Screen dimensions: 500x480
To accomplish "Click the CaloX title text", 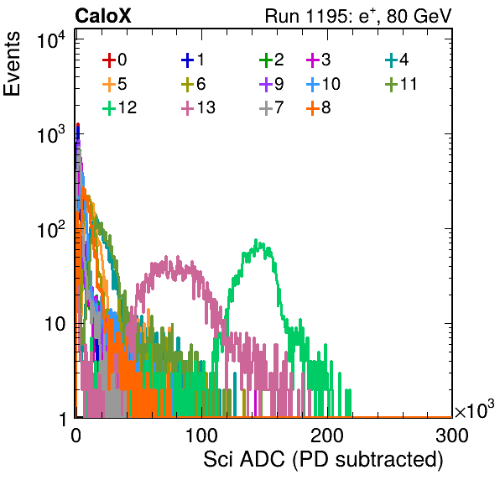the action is click(102, 16).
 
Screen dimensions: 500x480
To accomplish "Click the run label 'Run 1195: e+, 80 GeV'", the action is click(358, 16).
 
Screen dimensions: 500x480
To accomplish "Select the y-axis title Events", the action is click(12, 64).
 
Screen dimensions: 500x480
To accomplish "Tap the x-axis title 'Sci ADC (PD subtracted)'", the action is click(323, 460).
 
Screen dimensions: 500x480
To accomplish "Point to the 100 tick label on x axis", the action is click(201, 436).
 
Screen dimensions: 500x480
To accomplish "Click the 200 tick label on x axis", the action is click(327, 436).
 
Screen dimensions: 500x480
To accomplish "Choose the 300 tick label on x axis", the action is click(452, 436).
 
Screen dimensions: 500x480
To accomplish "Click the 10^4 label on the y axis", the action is click(51, 40).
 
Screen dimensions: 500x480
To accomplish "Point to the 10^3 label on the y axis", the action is click(51, 134).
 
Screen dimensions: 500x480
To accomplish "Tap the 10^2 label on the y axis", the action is click(51, 229).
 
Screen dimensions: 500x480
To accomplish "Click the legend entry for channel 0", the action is click(115, 60).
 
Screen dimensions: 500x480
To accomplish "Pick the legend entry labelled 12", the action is click(120, 107).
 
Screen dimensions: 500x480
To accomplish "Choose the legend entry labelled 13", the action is click(198, 107).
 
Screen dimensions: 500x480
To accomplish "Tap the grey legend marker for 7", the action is click(266, 107).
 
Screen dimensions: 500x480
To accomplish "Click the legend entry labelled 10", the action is click(324, 84).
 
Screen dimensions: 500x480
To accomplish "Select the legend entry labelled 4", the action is click(397, 60).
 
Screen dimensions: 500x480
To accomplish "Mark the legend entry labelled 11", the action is click(401, 84).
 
